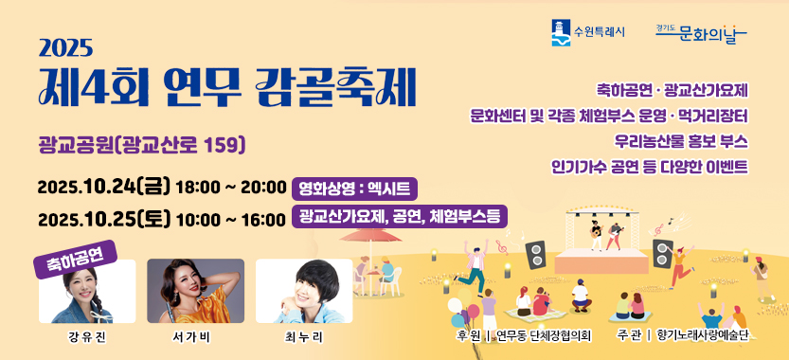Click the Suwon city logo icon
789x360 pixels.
click(561, 33)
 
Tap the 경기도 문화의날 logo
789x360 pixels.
click(702, 34)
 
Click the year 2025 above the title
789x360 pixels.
click(66, 48)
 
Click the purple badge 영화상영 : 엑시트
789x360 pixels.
click(355, 189)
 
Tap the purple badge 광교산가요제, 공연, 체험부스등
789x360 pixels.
click(400, 217)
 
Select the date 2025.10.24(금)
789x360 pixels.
click(104, 188)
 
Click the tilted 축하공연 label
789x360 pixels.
click(76, 259)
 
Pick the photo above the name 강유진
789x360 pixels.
click(87, 291)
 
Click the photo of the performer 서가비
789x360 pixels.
click(196, 291)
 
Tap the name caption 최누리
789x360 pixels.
click(303, 337)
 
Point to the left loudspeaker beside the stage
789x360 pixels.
click(535, 255)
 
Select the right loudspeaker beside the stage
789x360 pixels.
click(663, 253)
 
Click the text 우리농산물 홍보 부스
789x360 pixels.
click(681, 141)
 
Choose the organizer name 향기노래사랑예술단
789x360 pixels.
click(703, 335)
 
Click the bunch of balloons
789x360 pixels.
click(463, 307)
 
